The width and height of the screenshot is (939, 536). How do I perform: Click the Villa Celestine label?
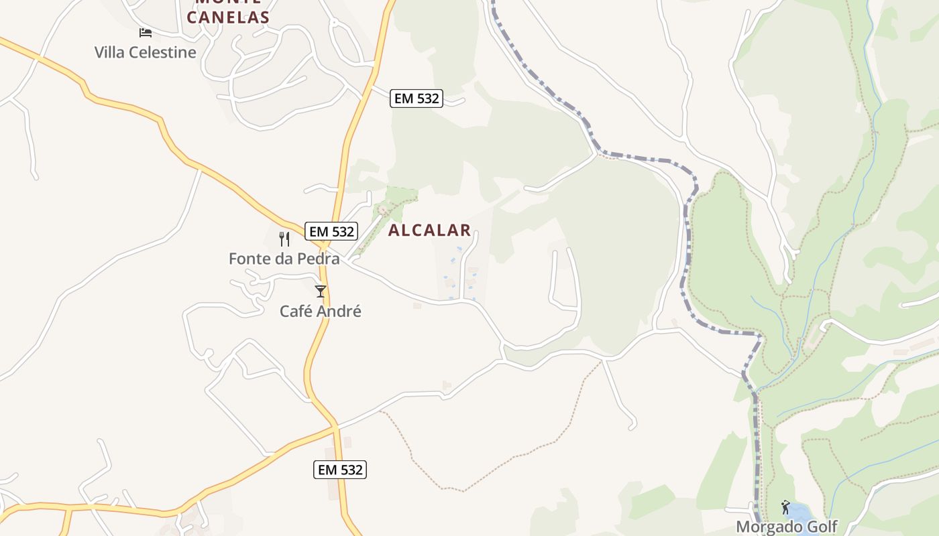pos(146,52)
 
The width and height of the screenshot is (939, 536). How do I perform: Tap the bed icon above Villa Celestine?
pos(146,32)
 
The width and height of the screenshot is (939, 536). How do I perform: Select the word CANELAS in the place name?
pos(228,17)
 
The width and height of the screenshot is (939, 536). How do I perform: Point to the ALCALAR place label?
pos(429,230)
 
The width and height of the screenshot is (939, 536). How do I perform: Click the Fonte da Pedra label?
pos(284,259)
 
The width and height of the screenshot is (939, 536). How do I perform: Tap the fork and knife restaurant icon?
pos(284,239)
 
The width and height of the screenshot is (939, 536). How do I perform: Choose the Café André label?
pos(321,312)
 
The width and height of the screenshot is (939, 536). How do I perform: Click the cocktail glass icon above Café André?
pos(321,291)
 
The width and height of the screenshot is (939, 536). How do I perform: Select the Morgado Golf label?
pos(787,527)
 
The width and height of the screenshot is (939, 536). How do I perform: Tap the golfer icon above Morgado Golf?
pos(785,507)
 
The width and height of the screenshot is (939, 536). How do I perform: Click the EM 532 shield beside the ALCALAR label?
pos(332,232)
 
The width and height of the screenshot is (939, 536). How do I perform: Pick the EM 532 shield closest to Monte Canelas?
pos(417,98)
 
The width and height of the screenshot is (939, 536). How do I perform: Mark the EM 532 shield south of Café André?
pos(340,470)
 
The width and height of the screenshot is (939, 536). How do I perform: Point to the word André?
pos(339,312)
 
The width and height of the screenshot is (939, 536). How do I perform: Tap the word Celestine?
pos(165,52)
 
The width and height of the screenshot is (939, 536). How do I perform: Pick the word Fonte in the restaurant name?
pos(249,259)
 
